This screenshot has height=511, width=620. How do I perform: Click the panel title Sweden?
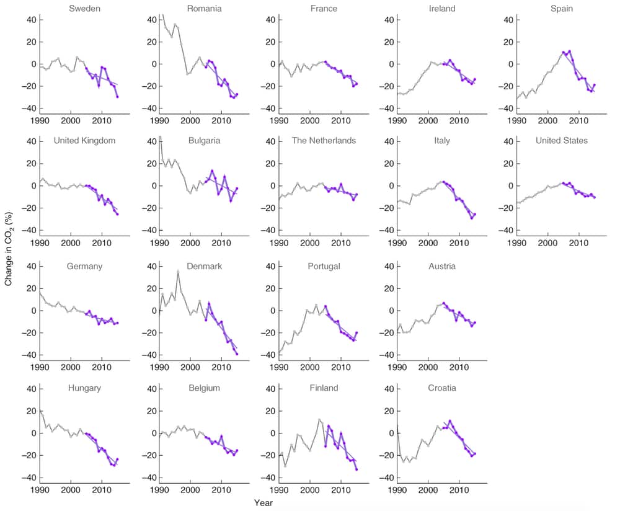[x=85, y=9]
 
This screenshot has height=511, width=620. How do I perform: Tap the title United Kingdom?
[x=85, y=141]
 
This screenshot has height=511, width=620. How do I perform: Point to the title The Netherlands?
[x=324, y=141]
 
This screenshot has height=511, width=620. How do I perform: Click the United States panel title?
[x=562, y=141]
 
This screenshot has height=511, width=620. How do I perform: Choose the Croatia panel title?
[x=442, y=388]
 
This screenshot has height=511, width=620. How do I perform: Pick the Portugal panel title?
[x=324, y=267]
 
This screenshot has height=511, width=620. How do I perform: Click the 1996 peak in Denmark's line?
[x=178, y=271]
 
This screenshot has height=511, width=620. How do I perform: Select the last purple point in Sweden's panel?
[x=117, y=97]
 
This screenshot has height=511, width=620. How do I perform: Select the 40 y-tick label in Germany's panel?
[x=30, y=266]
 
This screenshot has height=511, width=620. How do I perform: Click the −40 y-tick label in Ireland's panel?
[x=387, y=109]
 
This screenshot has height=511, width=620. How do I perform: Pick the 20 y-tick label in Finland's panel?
[x=268, y=411]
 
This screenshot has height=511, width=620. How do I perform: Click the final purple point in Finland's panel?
[x=356, y=469]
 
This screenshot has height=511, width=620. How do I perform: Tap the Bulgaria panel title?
[x=204, y=141]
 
